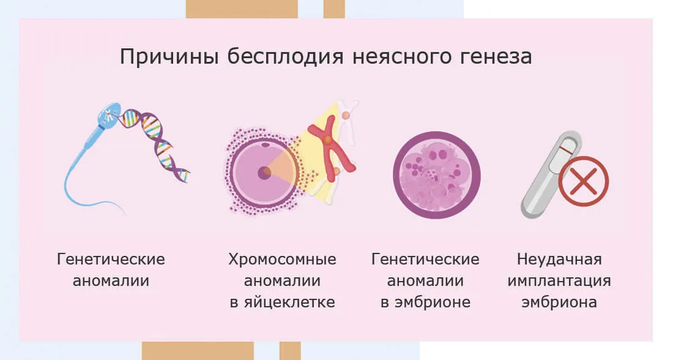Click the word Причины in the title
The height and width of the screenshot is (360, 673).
pos(169,57)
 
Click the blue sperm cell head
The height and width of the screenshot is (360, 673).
pos(109,115)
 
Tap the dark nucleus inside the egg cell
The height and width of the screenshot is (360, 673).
pos(264,173)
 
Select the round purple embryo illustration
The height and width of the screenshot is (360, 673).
pos(436,175)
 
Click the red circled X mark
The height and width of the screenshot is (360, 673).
pos(583,181)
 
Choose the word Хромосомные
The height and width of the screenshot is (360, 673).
pos(282,260)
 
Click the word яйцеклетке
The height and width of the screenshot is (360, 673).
pos(289,302)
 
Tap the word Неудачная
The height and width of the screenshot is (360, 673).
pos(559,260)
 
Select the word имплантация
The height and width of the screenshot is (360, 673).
pos(559,281)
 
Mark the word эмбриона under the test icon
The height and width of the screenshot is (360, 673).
pos(559,302)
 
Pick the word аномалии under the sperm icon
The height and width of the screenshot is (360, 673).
pos(111,281)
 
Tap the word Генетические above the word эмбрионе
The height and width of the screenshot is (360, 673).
pos(425,260)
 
